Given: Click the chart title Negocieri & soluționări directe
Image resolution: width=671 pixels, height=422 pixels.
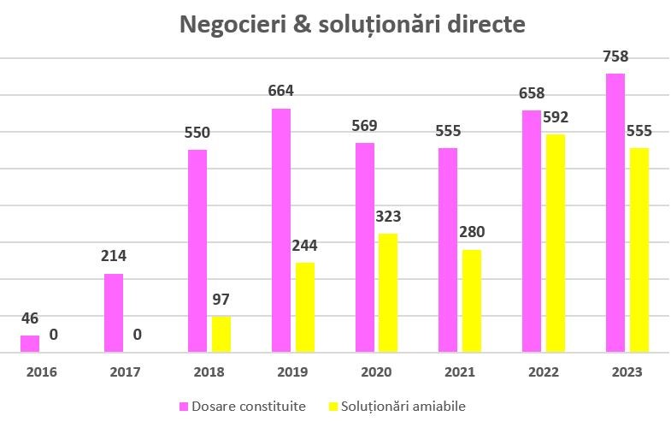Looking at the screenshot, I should (x=352, y=24).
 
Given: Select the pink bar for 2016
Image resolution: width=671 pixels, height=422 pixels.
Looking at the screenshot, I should (x=30, y=343).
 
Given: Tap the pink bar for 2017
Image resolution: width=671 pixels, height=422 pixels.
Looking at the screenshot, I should (x=114, y=312).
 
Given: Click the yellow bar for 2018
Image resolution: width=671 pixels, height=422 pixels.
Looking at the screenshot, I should (x=221, y=334).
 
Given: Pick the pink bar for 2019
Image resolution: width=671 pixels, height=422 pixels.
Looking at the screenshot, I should (x=281, y=229).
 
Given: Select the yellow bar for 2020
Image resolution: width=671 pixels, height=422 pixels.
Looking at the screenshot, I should (x=388, y=292).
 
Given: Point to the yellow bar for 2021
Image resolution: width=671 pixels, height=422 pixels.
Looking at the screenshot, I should (x=472, y=300).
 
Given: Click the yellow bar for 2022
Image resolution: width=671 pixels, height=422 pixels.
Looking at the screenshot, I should (x=556, y=242).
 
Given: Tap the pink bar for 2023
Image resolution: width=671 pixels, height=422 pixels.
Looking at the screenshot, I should (x=615, y=212).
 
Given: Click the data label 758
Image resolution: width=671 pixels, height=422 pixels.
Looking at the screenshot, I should (x=615, y=57).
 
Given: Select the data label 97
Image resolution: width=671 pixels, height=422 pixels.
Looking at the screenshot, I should (x=221, y=300).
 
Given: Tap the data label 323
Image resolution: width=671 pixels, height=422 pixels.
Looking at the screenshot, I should (x=387, y=217).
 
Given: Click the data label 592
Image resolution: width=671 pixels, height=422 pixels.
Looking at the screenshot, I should (x=555, y=117).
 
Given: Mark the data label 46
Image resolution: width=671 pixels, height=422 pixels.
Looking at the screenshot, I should (x=30, y=318).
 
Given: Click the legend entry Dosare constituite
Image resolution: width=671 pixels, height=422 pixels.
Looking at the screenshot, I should (x=243, y=406).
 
